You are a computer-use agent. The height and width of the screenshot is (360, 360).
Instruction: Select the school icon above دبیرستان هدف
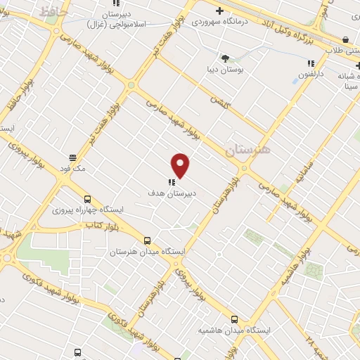(172, 181)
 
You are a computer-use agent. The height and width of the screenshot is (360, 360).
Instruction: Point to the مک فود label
(72, 169)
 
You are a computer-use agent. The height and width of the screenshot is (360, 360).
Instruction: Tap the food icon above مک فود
(72, 158)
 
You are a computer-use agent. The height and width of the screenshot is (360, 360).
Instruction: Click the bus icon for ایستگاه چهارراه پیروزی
(87, 199)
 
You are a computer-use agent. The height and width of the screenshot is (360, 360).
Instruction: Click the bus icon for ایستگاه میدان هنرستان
(147, 240)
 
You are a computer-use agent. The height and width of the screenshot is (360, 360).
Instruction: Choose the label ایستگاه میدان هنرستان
(147, 251)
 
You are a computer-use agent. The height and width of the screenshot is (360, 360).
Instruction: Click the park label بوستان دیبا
(225, 70)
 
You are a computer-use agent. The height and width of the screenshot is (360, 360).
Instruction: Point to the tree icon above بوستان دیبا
(225, 59)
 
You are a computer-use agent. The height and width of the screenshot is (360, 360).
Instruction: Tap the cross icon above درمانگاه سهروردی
(220, 11)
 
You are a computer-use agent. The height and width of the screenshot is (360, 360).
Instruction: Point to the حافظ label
(52, 12)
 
